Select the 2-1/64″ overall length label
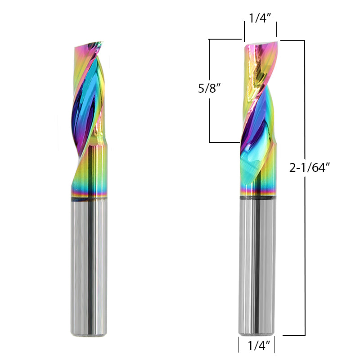coord(310,168)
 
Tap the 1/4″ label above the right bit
coord(260,18)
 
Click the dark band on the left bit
coord(89,197)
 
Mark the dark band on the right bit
coord(256,197)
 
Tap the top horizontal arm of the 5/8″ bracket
coord(225,40)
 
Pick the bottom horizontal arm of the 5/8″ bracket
coord(224,143)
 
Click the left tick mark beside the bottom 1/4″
coord(238,346)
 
